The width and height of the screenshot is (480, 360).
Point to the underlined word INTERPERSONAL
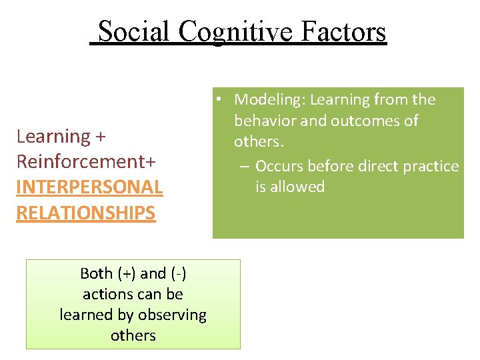coord(89,187)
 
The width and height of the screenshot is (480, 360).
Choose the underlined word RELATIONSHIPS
coord(85,213)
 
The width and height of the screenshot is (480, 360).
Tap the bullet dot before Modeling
coord(219,100)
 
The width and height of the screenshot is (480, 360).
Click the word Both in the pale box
coord(96,273)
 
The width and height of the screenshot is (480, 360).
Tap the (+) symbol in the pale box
coord(127,273)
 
